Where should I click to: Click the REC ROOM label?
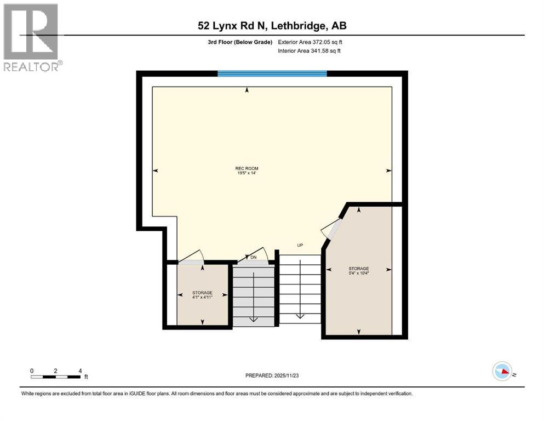[x=247, y=168]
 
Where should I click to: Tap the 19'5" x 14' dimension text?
[x=247, y=174]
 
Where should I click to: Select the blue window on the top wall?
[x=272, y=73]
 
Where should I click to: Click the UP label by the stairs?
[x=300, y=245]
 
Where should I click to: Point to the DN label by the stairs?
[x=253, y=257]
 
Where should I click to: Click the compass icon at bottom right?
[x=502, y=371]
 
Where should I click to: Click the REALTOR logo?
[x=31, y=37]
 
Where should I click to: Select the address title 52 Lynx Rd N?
[x=272, y=26]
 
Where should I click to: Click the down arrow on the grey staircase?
[x=254, y=318]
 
